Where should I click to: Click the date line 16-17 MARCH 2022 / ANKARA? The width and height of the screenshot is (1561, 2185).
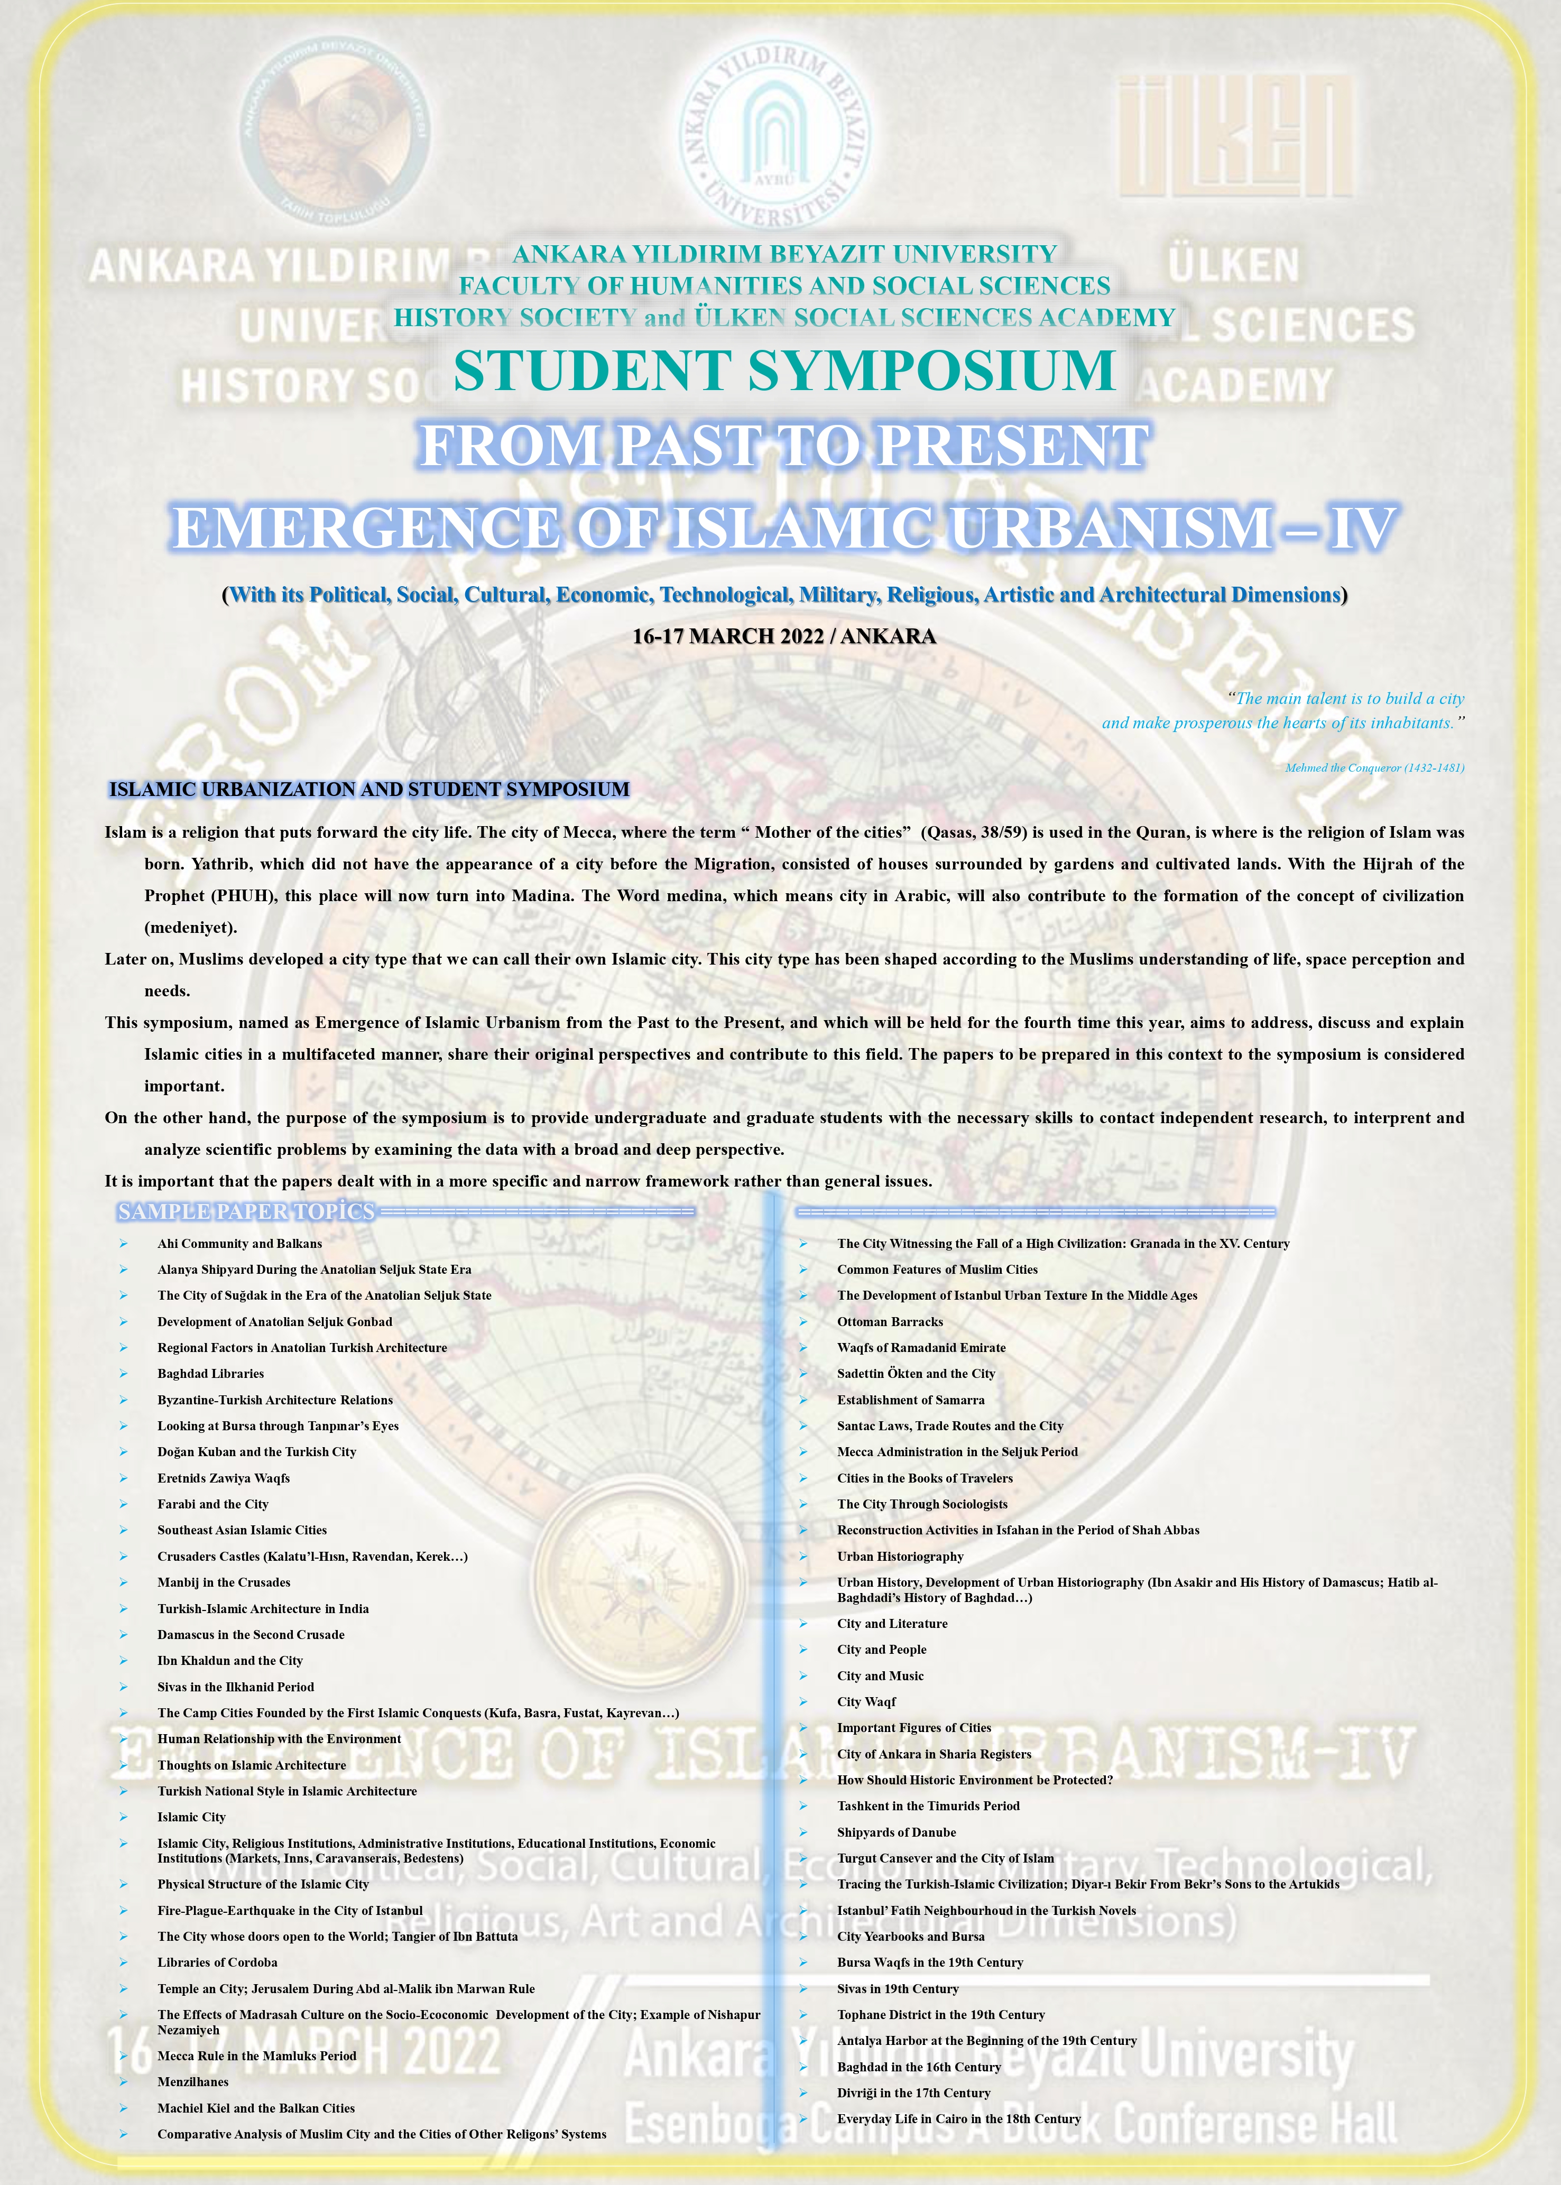(x=783, y=636)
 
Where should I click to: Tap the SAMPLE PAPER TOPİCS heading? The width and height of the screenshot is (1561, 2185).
(x=246, y=1211)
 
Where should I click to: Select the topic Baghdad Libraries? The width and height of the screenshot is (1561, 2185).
(x=210, y=1374)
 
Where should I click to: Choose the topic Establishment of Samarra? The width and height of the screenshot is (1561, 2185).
(x=910, y=1400)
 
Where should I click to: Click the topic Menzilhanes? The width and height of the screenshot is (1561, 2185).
(x=192, y=2081)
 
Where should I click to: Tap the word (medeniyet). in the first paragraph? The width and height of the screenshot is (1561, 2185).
(x=190, y=928)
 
